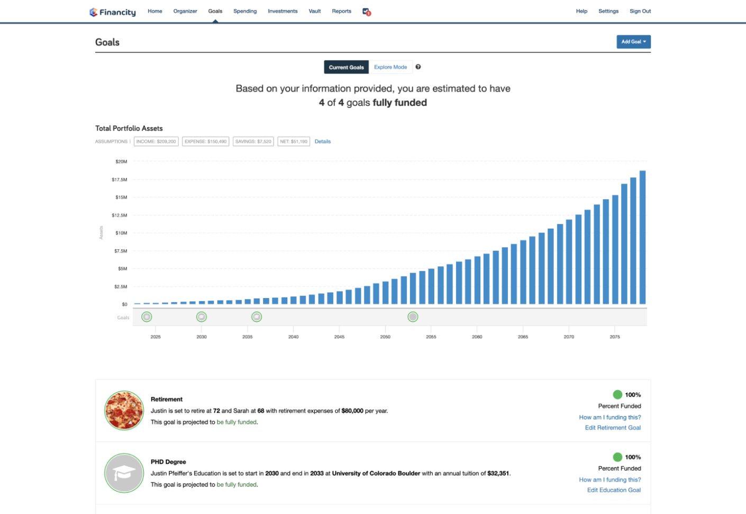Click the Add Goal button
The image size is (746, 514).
click(633, 42)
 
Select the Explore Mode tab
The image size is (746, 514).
click(390, 67)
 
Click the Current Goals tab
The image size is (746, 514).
click(346, 67)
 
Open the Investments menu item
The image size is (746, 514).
click(283, 11)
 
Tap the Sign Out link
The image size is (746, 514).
click(640, 11)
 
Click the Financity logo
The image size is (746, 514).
click(113, 12)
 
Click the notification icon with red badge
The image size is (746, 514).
click(366, 12)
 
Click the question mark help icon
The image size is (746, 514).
click(418, 67)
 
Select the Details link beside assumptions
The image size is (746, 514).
click(323, 141)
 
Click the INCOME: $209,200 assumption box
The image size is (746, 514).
click(156, 141)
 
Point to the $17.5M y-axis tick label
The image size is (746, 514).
click(120, 179)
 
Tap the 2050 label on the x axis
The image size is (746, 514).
click(385, 337)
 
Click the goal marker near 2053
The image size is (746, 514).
click(413, 317)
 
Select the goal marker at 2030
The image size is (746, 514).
click(202, 317)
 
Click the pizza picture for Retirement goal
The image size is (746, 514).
click(124, 411)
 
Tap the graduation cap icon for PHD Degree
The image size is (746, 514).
click(124, 473)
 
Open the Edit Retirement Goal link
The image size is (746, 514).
click(613, 428)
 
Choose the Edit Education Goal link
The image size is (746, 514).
click(614, 490)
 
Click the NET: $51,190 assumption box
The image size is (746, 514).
click(294, 141)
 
